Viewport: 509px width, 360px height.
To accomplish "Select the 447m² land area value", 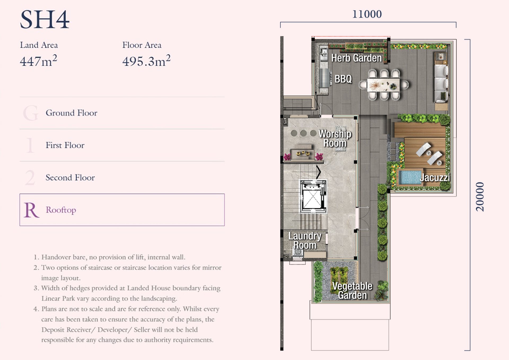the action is coord(38,61).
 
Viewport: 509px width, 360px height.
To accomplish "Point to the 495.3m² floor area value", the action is coord(146,61).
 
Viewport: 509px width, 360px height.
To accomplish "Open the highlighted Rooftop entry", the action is coord(122,210).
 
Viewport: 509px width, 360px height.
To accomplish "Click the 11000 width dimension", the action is coord(367,14).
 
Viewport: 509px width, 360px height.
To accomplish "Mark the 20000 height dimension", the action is coord(480,197).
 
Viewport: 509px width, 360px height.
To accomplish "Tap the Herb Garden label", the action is coord(357,58).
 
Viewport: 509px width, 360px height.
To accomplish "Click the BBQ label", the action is coord(343,79).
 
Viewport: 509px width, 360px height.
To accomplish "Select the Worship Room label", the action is coord(335,138).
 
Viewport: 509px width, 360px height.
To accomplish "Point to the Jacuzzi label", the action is coord(435,177).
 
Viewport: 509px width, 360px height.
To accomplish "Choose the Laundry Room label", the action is coord(305,240).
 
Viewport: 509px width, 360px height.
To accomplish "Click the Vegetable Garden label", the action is coord(352,291).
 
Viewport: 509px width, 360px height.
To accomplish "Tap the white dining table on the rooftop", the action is coord(383,85).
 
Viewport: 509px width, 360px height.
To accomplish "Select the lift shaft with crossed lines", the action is coord(313,196).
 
